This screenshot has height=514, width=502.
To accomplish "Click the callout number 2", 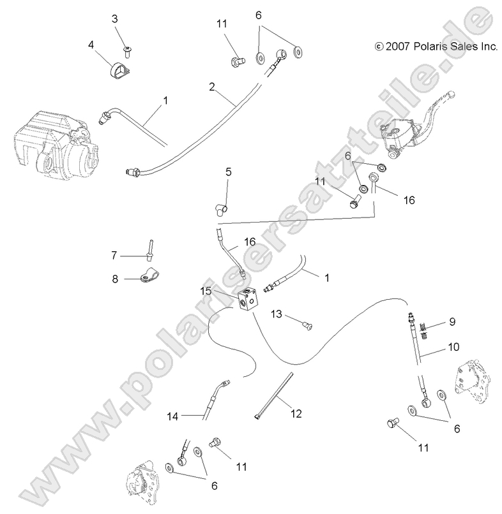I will [x=211, y=87].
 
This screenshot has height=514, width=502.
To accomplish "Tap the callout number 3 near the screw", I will [x=115, y=19].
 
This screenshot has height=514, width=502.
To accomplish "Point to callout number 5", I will [x=228, y=172].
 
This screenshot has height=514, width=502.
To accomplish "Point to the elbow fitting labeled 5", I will [x=219, y=206].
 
